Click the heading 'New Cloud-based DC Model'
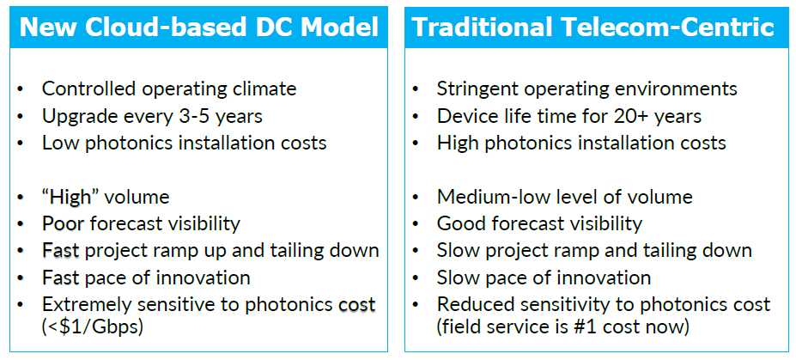pyautogui.click(x=198, y=27)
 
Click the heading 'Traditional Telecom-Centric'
pyautogui.click(x=593, y=27)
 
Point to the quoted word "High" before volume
pyautogui.click(x=70, y=197)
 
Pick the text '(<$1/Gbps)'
pyautogui.click(x=93, y=326)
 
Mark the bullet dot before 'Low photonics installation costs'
pyautogui.click(x=20, y=143)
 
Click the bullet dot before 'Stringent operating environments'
pyautogui.click(x=416, y=89)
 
